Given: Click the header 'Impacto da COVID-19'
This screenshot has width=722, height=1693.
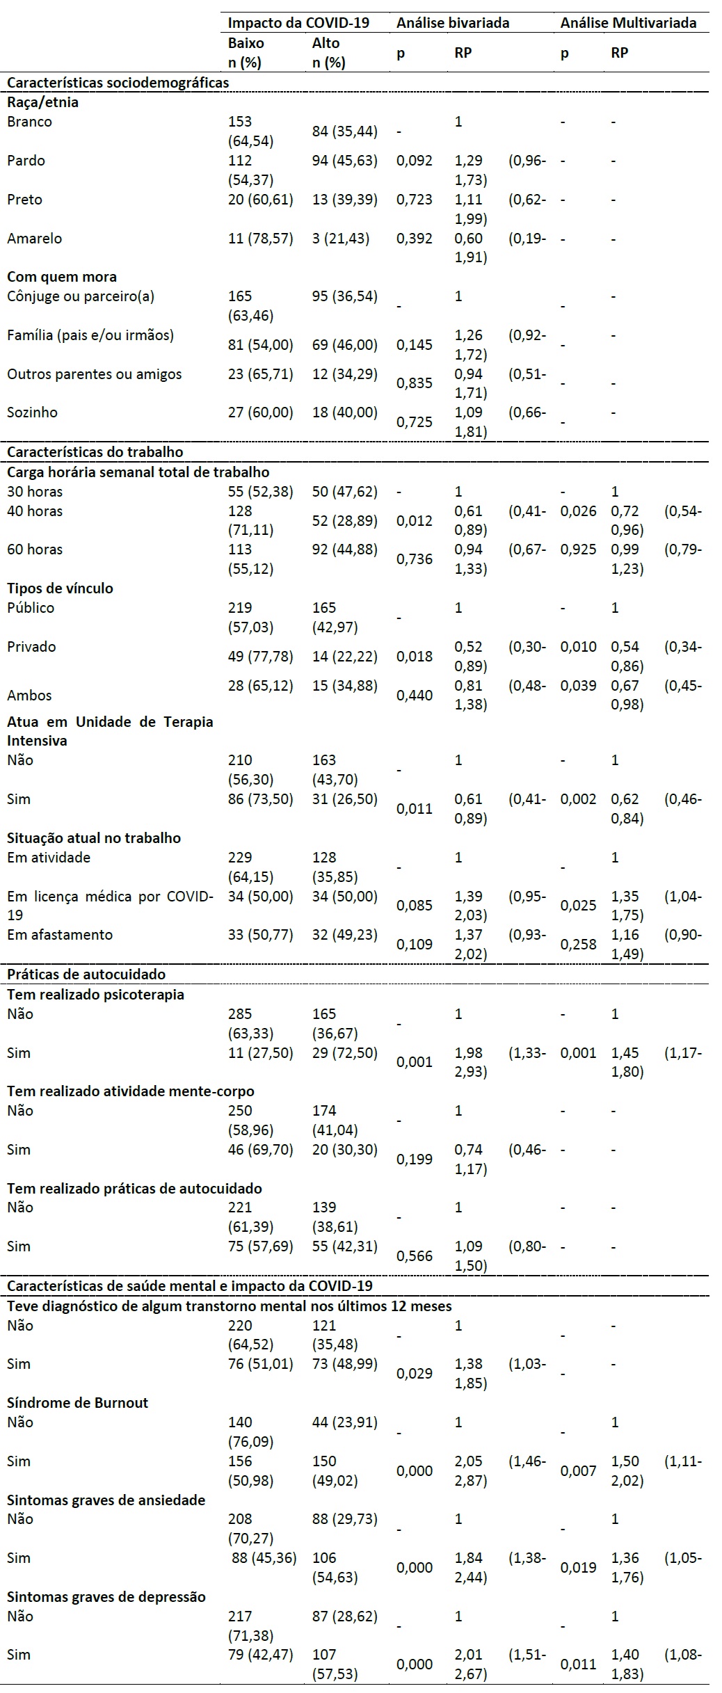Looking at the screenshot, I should [298, 22].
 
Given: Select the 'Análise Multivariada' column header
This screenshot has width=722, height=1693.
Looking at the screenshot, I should [628, 22].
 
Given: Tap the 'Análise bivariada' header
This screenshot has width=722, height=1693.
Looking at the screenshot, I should [453, 22].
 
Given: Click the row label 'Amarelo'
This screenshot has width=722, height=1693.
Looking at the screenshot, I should [34, 238].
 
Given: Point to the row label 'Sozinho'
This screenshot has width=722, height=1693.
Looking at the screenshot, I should [32, 412].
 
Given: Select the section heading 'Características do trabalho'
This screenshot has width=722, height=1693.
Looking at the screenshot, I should [95, 451].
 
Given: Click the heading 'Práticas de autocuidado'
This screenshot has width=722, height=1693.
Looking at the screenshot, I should [86, 974].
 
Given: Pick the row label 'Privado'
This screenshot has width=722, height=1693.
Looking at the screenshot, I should [31, 646].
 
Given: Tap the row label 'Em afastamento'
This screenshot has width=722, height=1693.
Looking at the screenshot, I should [60, 934].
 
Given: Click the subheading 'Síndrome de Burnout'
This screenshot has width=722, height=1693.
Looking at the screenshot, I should [78, 1402].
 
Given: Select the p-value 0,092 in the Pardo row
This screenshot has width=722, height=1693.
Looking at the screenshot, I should [415, 160].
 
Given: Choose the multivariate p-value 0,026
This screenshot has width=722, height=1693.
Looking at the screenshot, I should [579, 511].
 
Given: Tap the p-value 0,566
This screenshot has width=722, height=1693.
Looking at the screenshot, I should [415, 1255].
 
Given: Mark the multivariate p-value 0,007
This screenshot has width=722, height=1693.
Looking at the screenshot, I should [579, 1470].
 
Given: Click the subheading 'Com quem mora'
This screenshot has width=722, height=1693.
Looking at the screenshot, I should [62, 277].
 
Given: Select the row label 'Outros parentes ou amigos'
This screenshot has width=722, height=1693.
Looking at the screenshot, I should [95, 374].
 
